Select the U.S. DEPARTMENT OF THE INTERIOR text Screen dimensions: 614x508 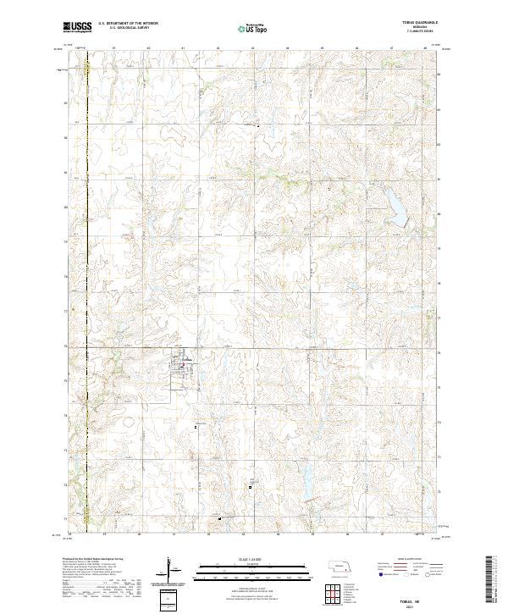point(127,25)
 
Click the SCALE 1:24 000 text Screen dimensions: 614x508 point(254,559)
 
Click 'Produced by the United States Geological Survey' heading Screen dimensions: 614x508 point(93,560)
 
